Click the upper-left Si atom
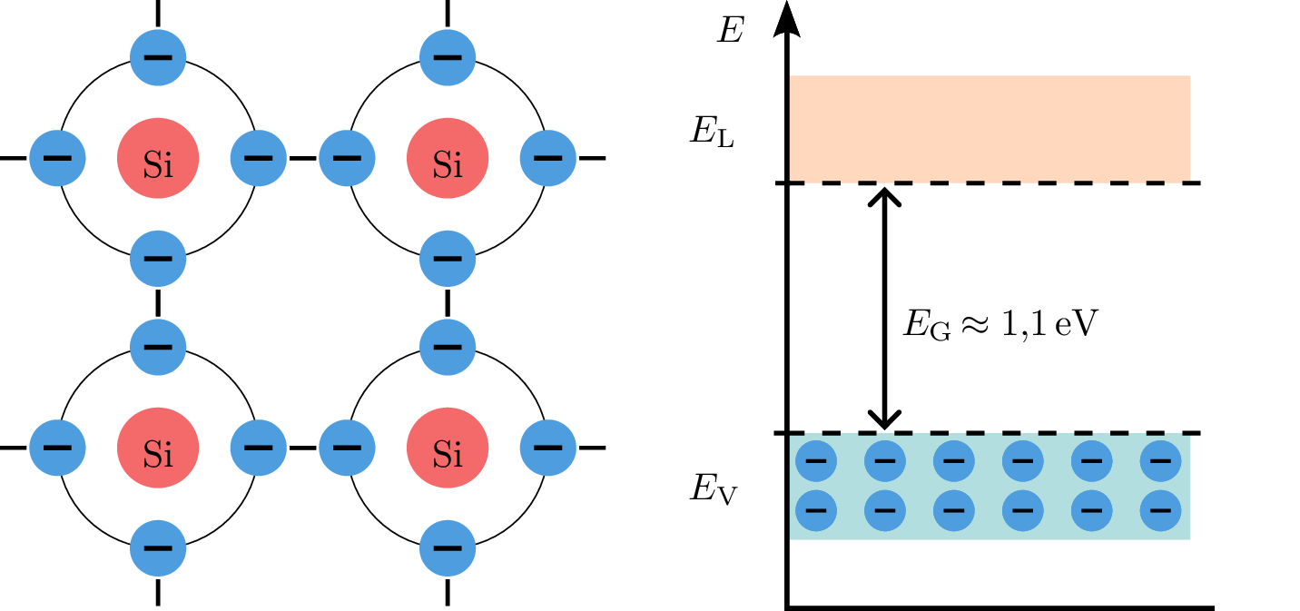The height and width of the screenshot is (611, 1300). tap(158, 158)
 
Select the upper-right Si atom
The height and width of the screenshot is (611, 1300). tap(448, 158)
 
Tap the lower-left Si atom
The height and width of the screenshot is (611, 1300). tap(158, 448)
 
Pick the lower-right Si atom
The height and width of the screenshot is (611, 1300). tap(448, 448)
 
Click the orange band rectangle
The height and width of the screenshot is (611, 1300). tap(990, 128)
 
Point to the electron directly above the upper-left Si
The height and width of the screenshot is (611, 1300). tap(158, 57)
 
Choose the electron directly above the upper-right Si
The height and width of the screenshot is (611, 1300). tap(448, 57)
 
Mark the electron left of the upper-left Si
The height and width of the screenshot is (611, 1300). tap(57, 158)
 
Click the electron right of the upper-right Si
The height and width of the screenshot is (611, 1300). tap(547, 158)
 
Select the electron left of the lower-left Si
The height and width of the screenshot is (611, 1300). tap(57, 448)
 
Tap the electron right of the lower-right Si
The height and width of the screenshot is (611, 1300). tap(547, 448)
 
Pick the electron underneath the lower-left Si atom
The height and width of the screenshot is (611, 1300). tap(158, 547)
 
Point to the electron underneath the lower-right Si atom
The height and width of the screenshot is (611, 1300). tap(448, 547)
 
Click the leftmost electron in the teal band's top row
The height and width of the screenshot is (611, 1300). tap(816, 461)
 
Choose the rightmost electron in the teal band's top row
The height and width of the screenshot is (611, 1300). tap(1160, 461)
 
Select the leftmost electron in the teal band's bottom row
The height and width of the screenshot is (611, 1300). tap(816, 510)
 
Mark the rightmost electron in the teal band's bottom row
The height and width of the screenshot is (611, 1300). tap(1160, 510)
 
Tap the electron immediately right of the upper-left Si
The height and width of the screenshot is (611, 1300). tap(258, 158)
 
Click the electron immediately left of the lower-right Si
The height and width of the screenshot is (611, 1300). tap(347, 448)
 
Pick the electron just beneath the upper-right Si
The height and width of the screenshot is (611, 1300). tap(448, 258)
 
